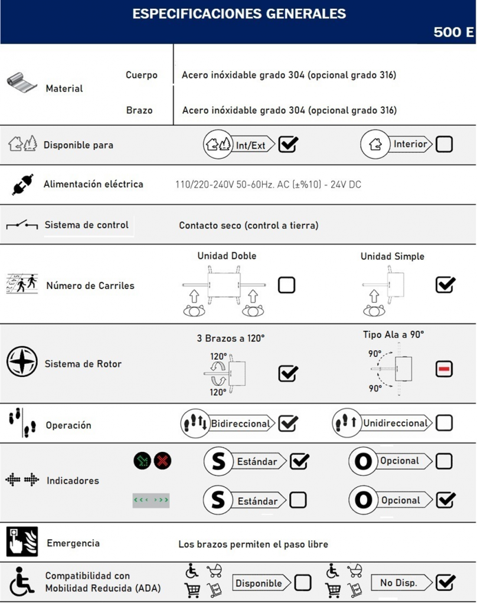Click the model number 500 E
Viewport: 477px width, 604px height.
click(x=453, y=32)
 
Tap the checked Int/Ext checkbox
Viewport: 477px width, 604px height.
click(x=288, y=145)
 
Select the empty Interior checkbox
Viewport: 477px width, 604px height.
click(x=444, y=145)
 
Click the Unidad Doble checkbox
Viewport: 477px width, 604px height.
click(x=286, y=285)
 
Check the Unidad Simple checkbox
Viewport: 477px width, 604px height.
click(x=445, y=285)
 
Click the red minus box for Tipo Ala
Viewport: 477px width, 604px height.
click(x=444, y=369)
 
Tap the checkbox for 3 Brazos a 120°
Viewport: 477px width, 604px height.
click(x=287, y=373)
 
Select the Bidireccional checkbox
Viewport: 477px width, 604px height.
click(x=287, y=424)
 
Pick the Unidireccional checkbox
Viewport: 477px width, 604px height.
click(x=444, y=423)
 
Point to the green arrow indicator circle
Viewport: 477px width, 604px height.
click(x=142, y=461)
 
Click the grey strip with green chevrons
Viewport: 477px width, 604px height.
click(x=151, y=500)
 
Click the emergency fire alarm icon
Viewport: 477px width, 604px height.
click(x=22, y=541)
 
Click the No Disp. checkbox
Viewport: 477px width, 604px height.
click(x=445, y=583)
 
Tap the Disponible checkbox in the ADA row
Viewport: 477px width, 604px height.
click(x=303, y=583)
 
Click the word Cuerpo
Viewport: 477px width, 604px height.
click(x=142, y=75)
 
